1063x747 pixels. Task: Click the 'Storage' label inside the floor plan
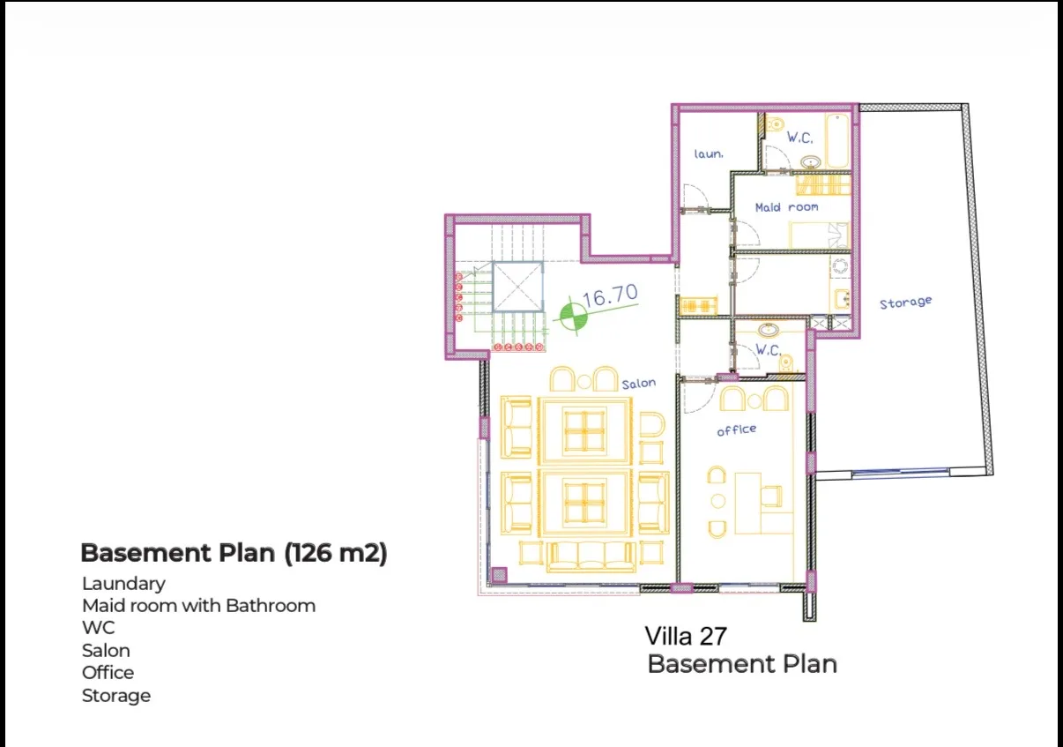(905, 303)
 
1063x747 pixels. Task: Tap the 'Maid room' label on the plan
(787, 207)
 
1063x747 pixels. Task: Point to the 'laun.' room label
(709, 153)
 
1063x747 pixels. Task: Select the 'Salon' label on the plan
(639, 384)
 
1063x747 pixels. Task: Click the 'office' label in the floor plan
(737, 430)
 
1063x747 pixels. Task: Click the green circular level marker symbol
(573, 316)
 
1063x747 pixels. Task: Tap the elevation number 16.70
(610, 295)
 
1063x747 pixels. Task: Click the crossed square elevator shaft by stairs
(517, 287)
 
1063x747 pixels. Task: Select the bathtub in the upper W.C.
(837, 140)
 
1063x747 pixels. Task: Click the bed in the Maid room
(819, 235)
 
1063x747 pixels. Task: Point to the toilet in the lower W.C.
(786, 363)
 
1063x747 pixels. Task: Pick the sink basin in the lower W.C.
(768, 330)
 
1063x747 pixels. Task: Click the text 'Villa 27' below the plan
(686, 637)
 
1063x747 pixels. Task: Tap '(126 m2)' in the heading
(336, 553)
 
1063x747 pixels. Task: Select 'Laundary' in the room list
(124, 584)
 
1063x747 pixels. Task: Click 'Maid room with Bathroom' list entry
(199, 606)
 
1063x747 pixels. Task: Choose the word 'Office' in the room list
(108, 673)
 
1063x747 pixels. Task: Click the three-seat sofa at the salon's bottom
(591, 557)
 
